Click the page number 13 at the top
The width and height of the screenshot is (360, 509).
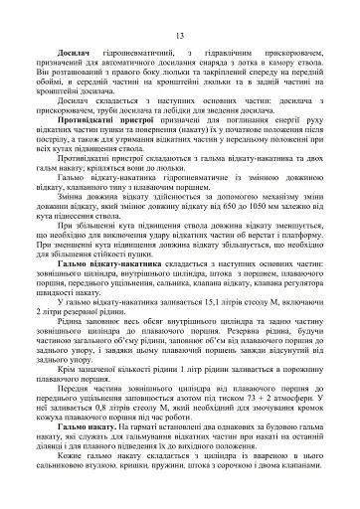click(x=180, y=37)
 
